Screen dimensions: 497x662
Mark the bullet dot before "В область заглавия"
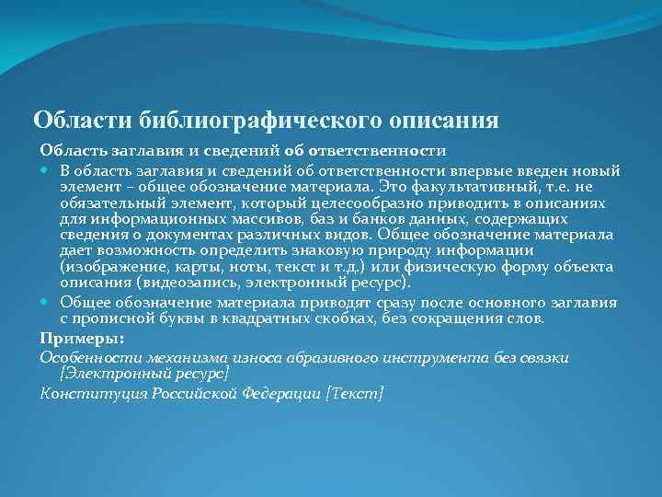pyautogui.click(x=46, y=172)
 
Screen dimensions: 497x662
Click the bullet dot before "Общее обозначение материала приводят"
pyautogui.click(x=46, y=303)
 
